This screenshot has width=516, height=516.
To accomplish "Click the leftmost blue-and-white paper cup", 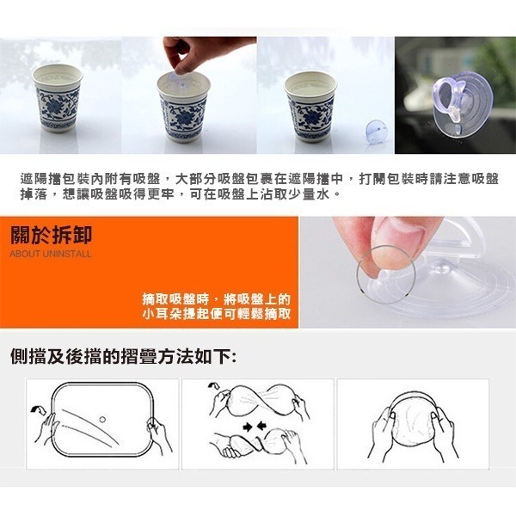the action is coord(58,98).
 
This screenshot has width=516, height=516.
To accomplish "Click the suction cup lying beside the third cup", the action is coord(376,131).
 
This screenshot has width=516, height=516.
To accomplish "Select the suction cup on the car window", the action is coord(462,102).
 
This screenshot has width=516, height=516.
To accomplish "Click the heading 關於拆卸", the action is coord(51,235).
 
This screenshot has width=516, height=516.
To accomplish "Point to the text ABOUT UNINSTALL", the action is coord(51,254).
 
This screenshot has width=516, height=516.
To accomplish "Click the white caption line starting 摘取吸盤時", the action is coord(217,299).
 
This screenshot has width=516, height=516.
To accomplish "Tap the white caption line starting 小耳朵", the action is coord(217,314).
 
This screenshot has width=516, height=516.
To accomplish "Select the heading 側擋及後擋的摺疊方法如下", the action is coord(123,356).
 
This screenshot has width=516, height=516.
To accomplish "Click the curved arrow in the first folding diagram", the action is coord(38,410).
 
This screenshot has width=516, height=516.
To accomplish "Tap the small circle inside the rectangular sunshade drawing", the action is coord(102,420).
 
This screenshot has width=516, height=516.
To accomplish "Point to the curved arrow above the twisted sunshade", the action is coord(214,385).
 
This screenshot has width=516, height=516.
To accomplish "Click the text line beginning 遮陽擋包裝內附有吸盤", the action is coord(260,179).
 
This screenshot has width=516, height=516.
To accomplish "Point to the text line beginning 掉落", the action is coord(180,194).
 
